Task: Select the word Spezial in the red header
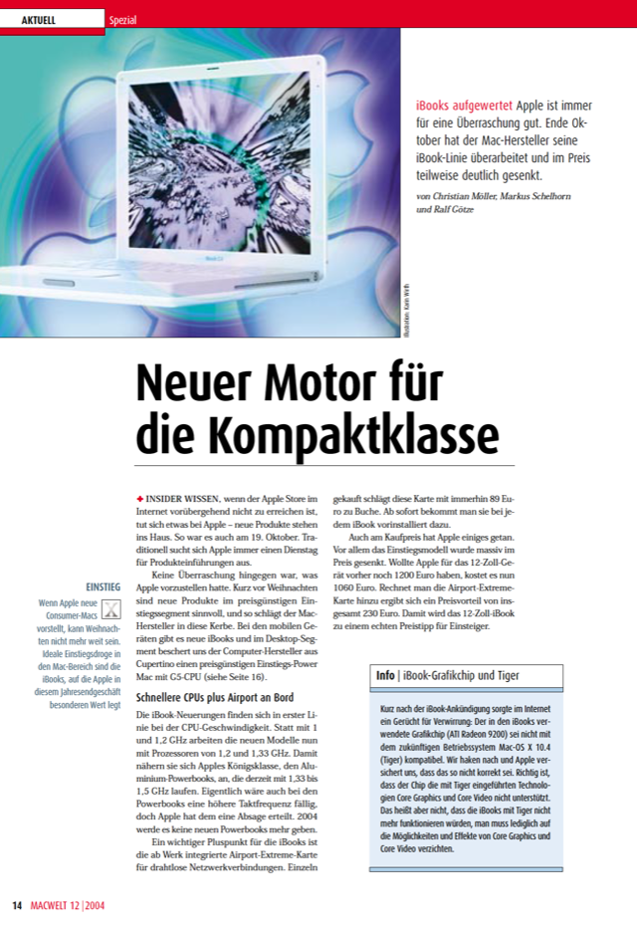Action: tap(124, 19)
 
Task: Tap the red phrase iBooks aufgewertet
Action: tap(464, 105)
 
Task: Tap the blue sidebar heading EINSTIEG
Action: tap(104, 587)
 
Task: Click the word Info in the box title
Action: tap(385, 676)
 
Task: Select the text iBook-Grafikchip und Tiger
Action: tap(461, 676)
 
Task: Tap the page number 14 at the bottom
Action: tap(17, 905)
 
